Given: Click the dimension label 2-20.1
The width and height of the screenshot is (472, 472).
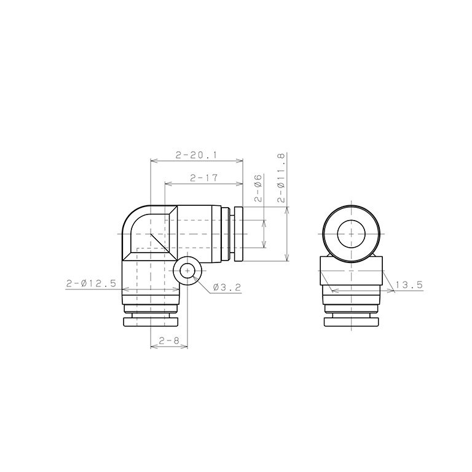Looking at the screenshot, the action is point(196,155).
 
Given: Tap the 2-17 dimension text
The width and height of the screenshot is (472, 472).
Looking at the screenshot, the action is point(204,178).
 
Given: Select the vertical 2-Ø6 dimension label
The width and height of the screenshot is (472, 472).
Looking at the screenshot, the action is point(259,188).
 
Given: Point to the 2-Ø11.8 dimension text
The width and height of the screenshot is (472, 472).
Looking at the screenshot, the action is point(280,178).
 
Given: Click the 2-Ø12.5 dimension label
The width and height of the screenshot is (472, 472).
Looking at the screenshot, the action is point(91,283).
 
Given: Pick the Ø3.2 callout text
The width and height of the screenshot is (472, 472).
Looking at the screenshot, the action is point(227,288).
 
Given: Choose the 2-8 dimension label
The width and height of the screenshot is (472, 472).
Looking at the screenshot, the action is point(169,340).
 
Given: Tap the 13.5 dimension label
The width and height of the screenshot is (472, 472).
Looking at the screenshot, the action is point(409,285).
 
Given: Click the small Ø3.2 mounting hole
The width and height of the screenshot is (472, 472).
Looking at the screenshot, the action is point(187,271).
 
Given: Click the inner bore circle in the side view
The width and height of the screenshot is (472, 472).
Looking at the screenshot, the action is point(352,220).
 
